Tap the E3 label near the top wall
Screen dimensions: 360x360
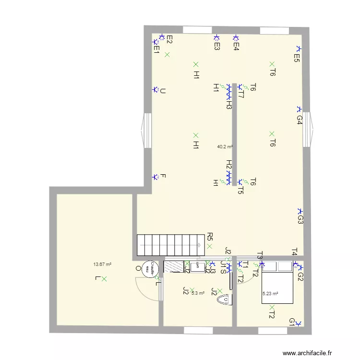(x=217, y=46)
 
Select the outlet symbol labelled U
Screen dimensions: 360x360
(x=155, y=90)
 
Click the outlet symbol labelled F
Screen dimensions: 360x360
(x=155, y=177)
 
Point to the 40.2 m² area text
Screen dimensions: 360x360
(x=225, y=147)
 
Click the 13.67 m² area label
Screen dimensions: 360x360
(x=102, y=264)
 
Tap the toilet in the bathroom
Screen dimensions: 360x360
(x=223, y=300)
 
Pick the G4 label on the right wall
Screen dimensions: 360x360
(x=299, y=120)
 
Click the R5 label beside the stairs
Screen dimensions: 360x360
(x=210, y=236)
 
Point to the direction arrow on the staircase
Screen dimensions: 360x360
(x=199, y=245)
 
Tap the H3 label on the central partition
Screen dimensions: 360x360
(x=229, y=104)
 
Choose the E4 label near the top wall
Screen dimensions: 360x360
(x=236, y=46)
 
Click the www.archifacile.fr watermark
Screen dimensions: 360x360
(x=307, y=353)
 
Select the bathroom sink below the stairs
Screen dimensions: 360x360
(x=197, y=267)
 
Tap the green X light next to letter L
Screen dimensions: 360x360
(x=104, y=278)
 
